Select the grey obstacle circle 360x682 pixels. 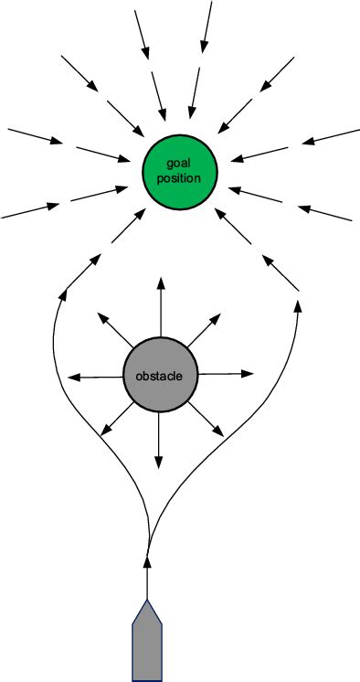160,376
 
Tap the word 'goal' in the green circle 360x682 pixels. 178,163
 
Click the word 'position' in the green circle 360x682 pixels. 178,178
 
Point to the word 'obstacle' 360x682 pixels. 160,377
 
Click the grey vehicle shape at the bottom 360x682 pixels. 147,645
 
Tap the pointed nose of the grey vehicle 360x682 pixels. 147,603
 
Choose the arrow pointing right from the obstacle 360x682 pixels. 226,374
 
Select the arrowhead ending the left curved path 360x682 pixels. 62,294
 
